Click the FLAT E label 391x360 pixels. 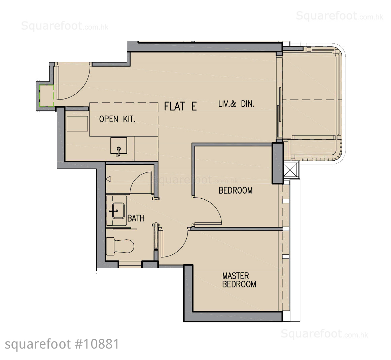point(181,106)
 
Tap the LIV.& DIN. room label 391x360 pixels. point(237,104)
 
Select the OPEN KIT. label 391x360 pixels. point(117,119)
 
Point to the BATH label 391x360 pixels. point(136,218)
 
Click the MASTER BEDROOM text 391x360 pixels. point(239,280)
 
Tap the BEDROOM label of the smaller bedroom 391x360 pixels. point(236,190)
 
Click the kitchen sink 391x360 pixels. point(119,146)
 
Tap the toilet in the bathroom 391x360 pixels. point(120,246)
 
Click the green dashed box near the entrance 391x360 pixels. point(47,96)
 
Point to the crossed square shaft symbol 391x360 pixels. point(291,170)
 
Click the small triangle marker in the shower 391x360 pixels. point(108,178)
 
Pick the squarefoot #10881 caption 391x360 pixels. point(62,345)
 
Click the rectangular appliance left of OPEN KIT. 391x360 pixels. point(77,124)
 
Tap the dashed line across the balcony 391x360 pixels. point(312,100)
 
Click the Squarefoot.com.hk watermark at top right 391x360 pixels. point(340,16)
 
